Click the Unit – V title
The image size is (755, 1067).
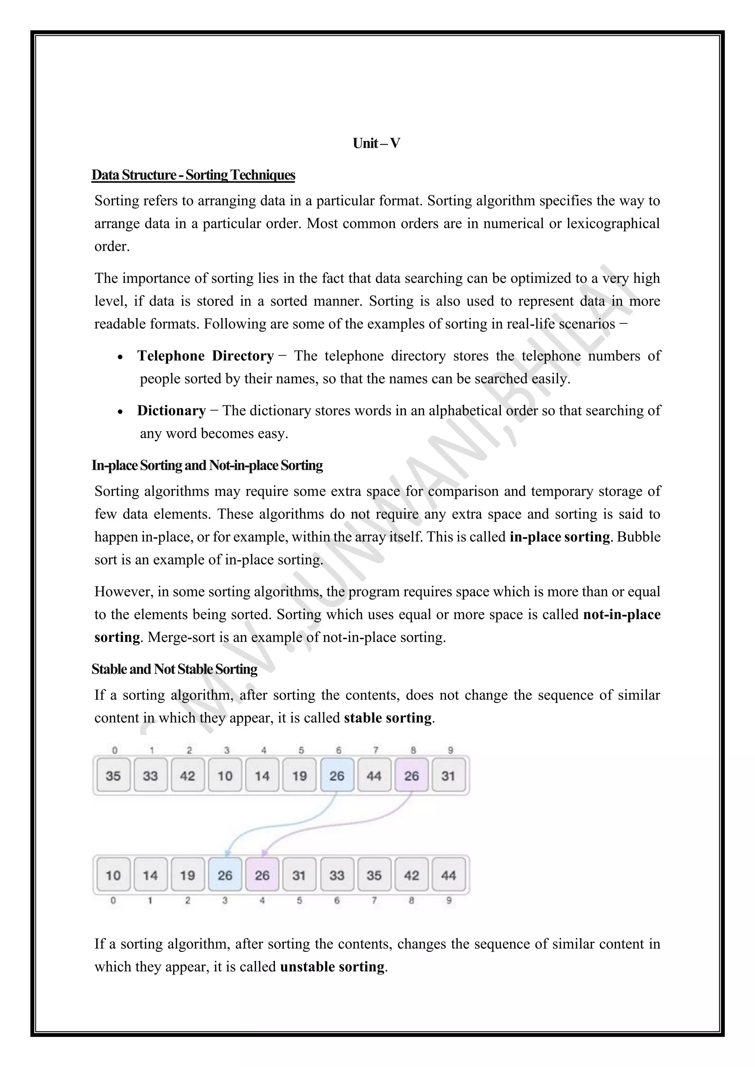click(376, 143)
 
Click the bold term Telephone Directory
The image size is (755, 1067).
click(205, 356)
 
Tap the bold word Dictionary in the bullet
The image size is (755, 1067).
click(171, 411)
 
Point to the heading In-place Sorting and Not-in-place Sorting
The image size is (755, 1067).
click(207, 465)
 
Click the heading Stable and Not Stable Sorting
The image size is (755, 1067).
click(174, 669)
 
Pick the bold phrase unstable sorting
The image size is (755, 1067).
click(333, 967)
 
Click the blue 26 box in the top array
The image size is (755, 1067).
click(337, 776)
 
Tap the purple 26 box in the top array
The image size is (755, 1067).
click(411, 776)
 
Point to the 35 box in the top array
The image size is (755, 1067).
click(113, 776)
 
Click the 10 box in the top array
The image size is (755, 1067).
click(225, 776)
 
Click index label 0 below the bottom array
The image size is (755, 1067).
click(113, 900)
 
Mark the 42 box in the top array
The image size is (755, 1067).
click(187, 776)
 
